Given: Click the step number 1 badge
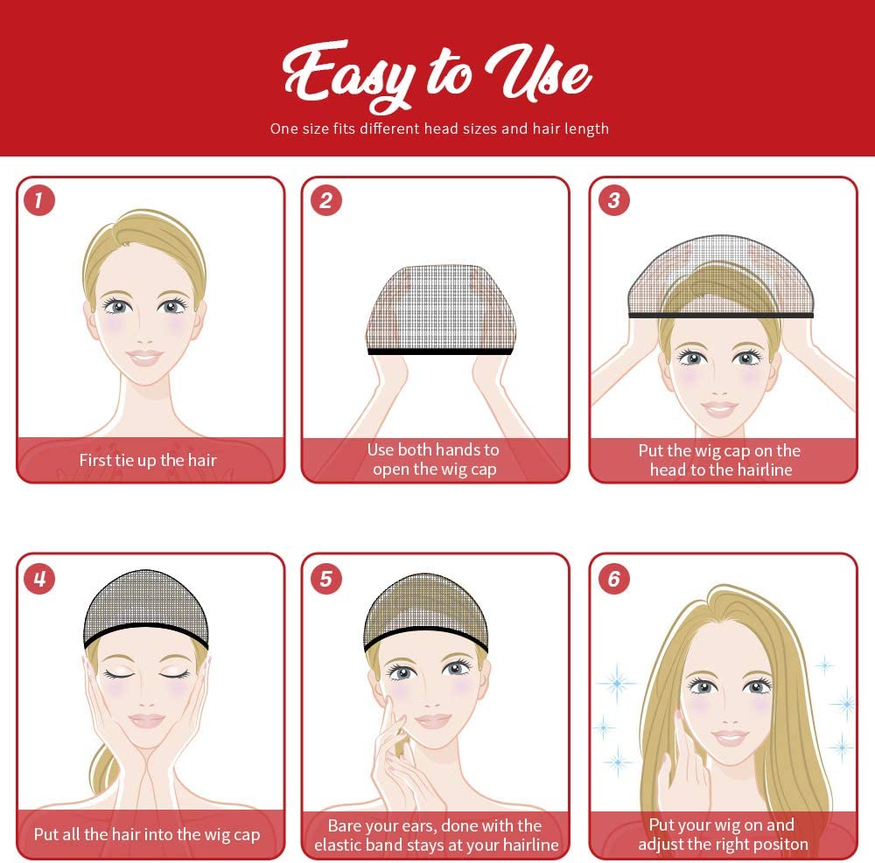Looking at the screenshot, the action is click(x=39, y=200).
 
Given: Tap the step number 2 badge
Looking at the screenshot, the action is click(x=325, y=200).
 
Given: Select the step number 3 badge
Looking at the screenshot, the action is click(x=614, y=200).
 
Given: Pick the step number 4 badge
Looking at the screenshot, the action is click(x=39, y=579).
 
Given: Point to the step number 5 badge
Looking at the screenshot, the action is click(x=325, y=579).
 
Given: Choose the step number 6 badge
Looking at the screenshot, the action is click(x=614, y=579).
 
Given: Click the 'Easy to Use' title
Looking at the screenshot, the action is click(x=437, y=75).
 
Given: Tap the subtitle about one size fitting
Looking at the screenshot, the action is click(x=439, y=129).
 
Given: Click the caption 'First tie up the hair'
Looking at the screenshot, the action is click(x=148, y=460).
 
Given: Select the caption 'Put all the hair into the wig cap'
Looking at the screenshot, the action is click(x=147, y=834).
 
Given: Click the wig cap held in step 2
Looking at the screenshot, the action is click(x=440, y=310).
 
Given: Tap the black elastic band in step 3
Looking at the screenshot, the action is click(x=720, y=315).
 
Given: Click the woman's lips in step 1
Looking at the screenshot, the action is click(x=144, y=357).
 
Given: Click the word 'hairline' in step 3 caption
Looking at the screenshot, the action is click(x=764, y=470).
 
